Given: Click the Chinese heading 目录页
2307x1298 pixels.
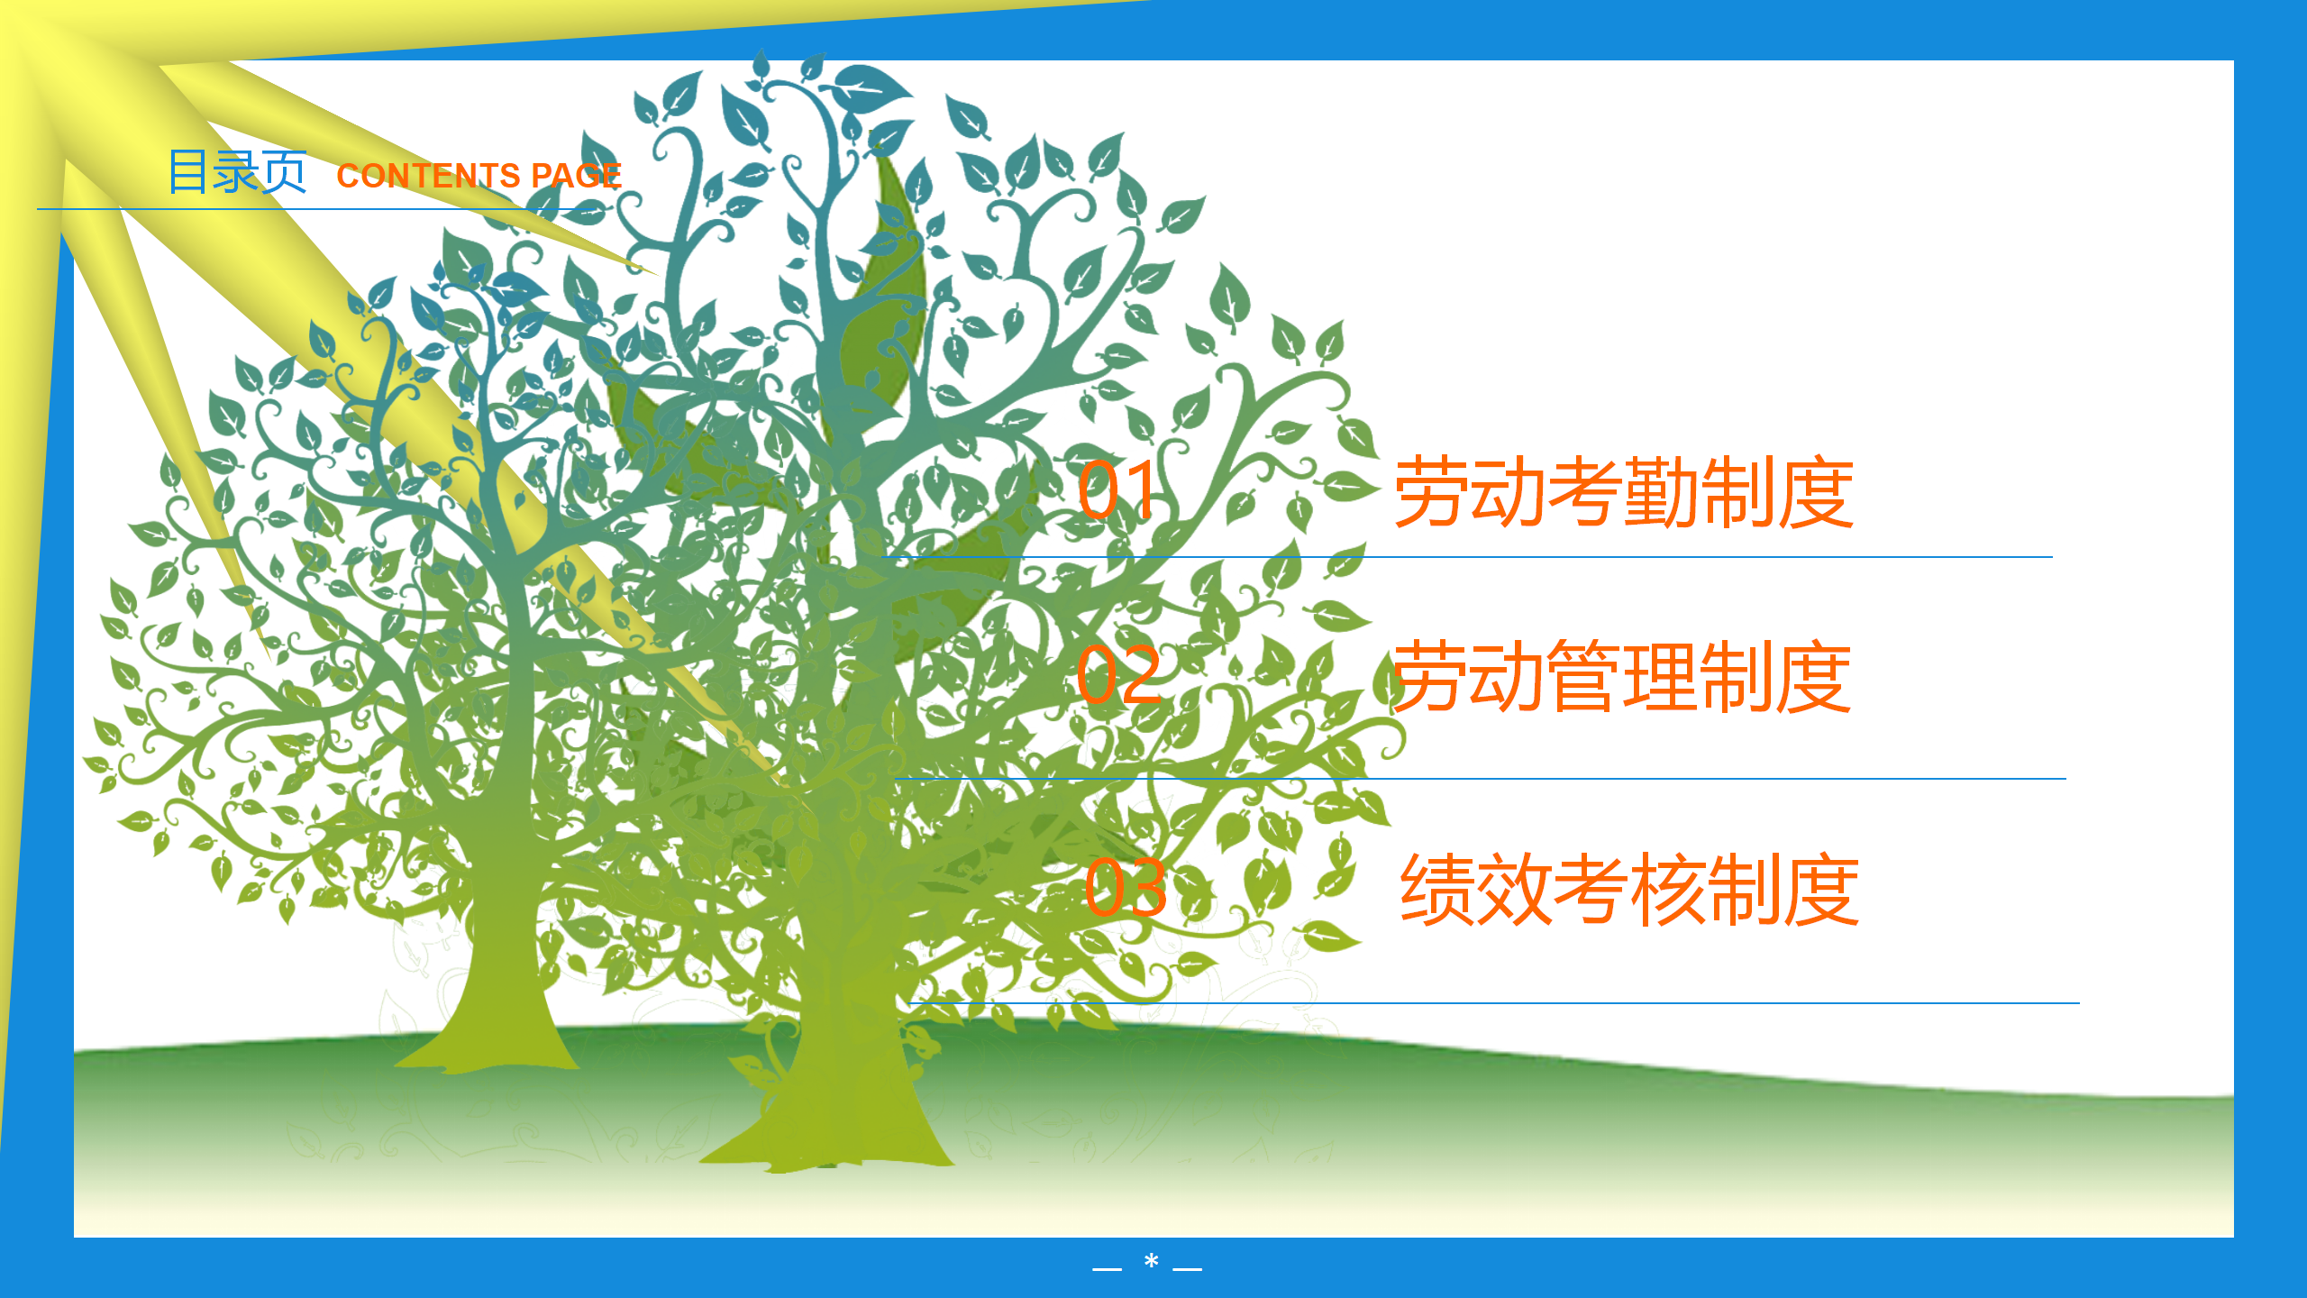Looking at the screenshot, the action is (237, 172).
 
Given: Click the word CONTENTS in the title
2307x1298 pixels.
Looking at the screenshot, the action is (428, 176).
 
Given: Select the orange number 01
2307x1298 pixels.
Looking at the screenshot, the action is (1117, 489).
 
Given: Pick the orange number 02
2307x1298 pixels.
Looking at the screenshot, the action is (1119, 674).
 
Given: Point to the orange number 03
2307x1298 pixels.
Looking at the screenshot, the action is (1126, 887).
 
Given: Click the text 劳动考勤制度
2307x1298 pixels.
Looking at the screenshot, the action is (1624, 491).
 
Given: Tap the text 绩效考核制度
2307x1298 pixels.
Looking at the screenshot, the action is (1629, 890).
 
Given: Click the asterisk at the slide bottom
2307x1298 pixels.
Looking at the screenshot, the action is (1151, 1261).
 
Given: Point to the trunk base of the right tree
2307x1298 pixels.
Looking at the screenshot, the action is (829, 1127).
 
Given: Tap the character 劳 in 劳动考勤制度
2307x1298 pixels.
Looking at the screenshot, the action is (1431, 491).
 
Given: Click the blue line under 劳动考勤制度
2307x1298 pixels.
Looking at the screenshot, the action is (1466, 557).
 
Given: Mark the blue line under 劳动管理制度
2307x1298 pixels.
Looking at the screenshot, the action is (1480, 779).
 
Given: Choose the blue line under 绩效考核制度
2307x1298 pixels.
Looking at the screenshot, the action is (1493, 1002).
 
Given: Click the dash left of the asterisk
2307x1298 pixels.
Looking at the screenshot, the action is (1107, 1269).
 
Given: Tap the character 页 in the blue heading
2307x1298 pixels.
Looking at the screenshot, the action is (284, 172).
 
